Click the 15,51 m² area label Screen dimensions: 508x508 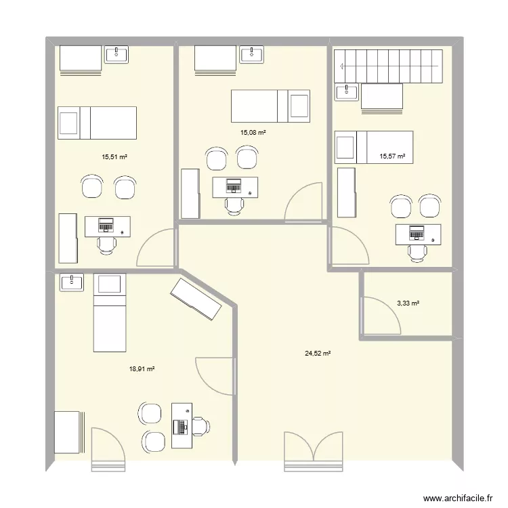(114, 156)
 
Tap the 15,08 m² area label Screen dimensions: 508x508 (253, 133)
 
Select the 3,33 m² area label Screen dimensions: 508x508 (408, 303)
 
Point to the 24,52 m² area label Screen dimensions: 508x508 (317, 353)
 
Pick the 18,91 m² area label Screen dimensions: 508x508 (142, 369)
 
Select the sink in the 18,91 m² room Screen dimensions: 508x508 (72, 282)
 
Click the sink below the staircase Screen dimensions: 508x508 (347, 91)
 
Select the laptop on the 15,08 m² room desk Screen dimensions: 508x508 (234, 184)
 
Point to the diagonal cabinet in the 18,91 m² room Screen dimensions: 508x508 (196, 299)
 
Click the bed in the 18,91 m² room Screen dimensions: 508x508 (110, 312)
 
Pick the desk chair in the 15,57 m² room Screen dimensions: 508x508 (417, 252)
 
